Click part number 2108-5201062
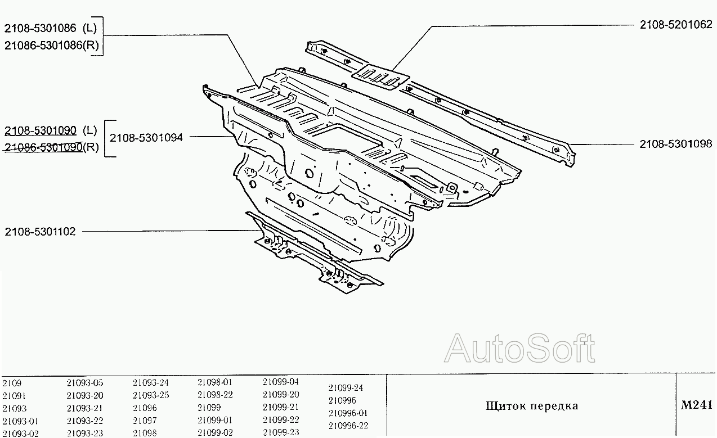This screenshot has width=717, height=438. click(x=676, y=25)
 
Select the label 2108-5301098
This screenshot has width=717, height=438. click(x=676, y=144)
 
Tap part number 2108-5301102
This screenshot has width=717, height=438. click(x=40, y=232)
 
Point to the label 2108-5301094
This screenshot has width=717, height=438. click(x=146, y=138)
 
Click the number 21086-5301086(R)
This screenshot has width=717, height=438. click(x=52, y=46)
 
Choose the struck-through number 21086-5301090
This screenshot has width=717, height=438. click(x=43, y=147)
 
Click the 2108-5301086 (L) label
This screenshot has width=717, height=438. click(x=50, y=28)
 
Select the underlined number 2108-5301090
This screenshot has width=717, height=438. click(x=41, y=130)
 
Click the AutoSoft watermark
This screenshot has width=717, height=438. click(x=519, y=348)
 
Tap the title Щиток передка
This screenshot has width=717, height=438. click(x=532, y=406)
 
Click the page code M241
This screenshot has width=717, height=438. click(x=697, y=405)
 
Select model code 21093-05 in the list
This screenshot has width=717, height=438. click(x=85, y=383)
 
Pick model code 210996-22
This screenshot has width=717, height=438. click(x=348, y=426)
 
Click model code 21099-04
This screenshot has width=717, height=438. click(x=281, y=382)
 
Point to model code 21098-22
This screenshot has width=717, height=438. click(x=215, y=395)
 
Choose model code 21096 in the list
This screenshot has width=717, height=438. click(x=145, y=408)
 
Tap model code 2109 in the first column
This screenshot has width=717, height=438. click(x=12, y=383)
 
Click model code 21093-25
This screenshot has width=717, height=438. click(x=151, y=395)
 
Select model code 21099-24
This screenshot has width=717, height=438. click(x=346, y=388)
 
